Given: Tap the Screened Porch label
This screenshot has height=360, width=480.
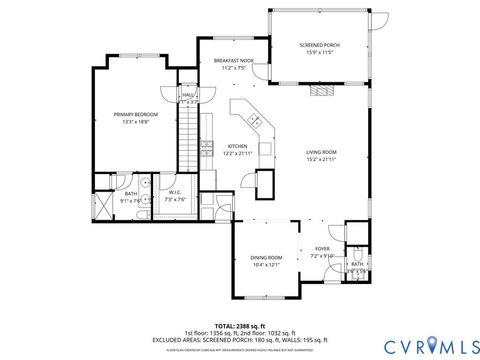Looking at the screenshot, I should coord(319,46).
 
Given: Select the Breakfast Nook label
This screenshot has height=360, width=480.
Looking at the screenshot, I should coord(233,61).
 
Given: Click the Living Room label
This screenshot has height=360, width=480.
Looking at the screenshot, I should coord(321,152).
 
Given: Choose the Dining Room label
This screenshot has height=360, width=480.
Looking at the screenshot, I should coord(266,258).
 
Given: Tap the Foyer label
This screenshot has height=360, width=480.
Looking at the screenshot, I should coord(322,248).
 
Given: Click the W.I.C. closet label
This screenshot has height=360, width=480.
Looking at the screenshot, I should coord(174,192).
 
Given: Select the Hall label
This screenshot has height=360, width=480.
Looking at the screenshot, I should coord(188,95).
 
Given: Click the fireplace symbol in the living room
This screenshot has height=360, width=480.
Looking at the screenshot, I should coord(320,90).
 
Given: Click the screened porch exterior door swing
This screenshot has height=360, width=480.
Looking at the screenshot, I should coord(379,19).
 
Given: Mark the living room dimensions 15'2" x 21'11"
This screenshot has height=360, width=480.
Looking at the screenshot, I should coord(321,159).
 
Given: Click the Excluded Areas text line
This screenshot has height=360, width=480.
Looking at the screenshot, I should coord(240,340).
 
